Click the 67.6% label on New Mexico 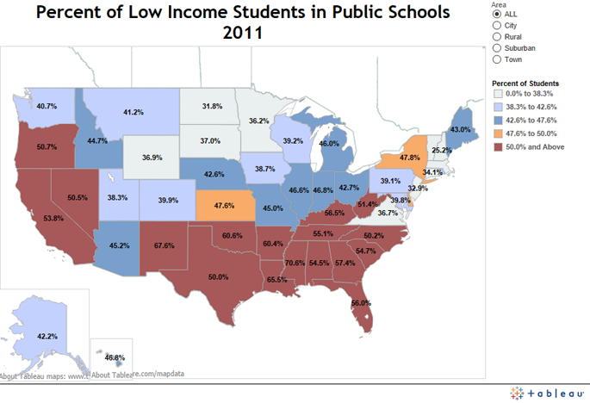[x=165, y=245]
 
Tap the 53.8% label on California [x=53, y=219]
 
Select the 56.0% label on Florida [x=361, y=303]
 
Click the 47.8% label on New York [x=410, y=158]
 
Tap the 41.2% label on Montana [x=134, y=113]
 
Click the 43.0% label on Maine [x=461, y=129]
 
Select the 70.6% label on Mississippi [x=295, y=263]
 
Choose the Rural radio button [x=496, y=37]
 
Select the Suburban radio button [x=496, y=48]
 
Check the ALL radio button [x=496, y=15]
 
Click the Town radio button [x=496, y=59]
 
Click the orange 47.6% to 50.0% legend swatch [x=496, y=133]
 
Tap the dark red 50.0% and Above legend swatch [x=496, y=146]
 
